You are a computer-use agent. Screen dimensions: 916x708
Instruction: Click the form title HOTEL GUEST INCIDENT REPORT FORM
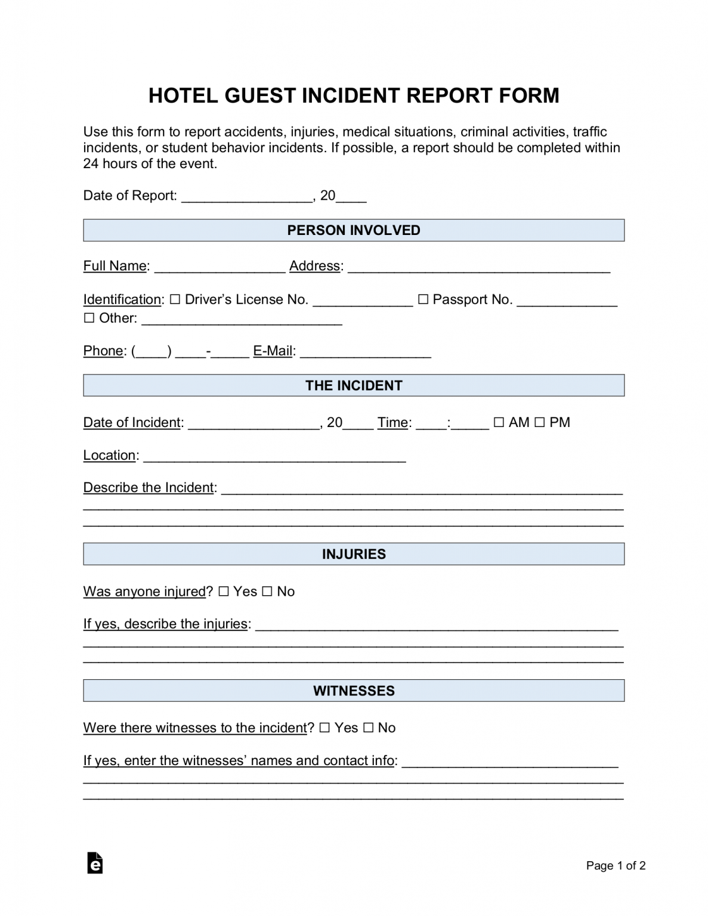tap(354, 96)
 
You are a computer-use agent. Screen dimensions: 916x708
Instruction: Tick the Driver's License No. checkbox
tap(175, 299)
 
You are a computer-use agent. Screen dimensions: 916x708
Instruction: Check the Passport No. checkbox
tap(423, 299)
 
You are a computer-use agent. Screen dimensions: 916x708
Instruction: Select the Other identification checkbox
tap(89, 318)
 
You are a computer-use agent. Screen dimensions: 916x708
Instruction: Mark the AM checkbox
tap(499, 422)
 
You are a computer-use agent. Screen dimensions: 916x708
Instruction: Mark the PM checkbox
tap(539, 422)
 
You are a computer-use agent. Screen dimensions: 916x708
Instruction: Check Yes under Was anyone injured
tap(223, 592)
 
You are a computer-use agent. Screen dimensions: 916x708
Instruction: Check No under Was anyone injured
tap(267, 592)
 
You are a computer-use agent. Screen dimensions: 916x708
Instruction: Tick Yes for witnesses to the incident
tap(324, 728)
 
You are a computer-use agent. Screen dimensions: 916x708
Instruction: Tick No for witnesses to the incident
tap(368, 728)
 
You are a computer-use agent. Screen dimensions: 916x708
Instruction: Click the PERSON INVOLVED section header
tap(354, 230)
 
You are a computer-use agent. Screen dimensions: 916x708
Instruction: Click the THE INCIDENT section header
tap(354, 385)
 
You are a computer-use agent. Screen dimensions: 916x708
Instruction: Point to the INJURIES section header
tap(354, 554)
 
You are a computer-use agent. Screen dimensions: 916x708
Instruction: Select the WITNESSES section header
tap(354, 691)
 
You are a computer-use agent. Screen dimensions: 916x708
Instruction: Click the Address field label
tap(316, 266)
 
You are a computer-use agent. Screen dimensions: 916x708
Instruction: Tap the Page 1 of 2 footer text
tap(616, 865)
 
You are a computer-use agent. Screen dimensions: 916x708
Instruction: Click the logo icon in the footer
tap(95, 863)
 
